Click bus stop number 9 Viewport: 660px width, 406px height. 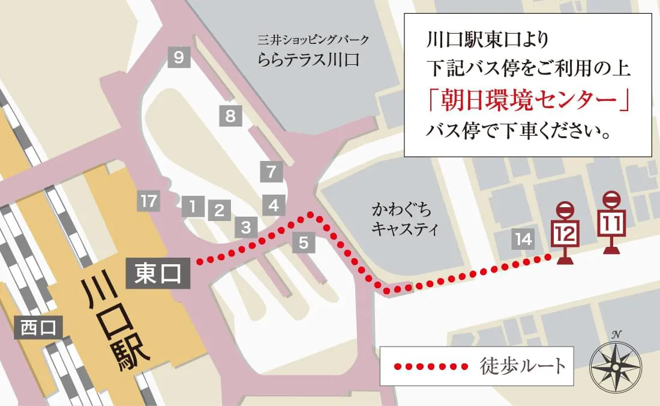(x=179, y=58)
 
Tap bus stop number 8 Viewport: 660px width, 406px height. (x=230, y=115)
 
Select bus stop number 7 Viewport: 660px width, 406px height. (x=271, y=172)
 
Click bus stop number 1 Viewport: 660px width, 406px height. (x=193, y=207)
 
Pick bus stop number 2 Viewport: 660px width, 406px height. (x=219, y=210)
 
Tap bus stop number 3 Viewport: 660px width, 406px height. (x=245, y=228)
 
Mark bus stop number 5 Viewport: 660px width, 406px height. (x=304, y=243)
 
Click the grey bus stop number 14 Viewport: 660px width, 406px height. (x=523, y=240)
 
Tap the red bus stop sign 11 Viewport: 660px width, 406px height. (x=611, y=223)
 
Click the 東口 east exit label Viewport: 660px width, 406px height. (x=158, y=274)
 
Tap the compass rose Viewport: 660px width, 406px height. (x=616, y=363)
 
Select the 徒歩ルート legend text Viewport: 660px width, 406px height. (x=523, y=365)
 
